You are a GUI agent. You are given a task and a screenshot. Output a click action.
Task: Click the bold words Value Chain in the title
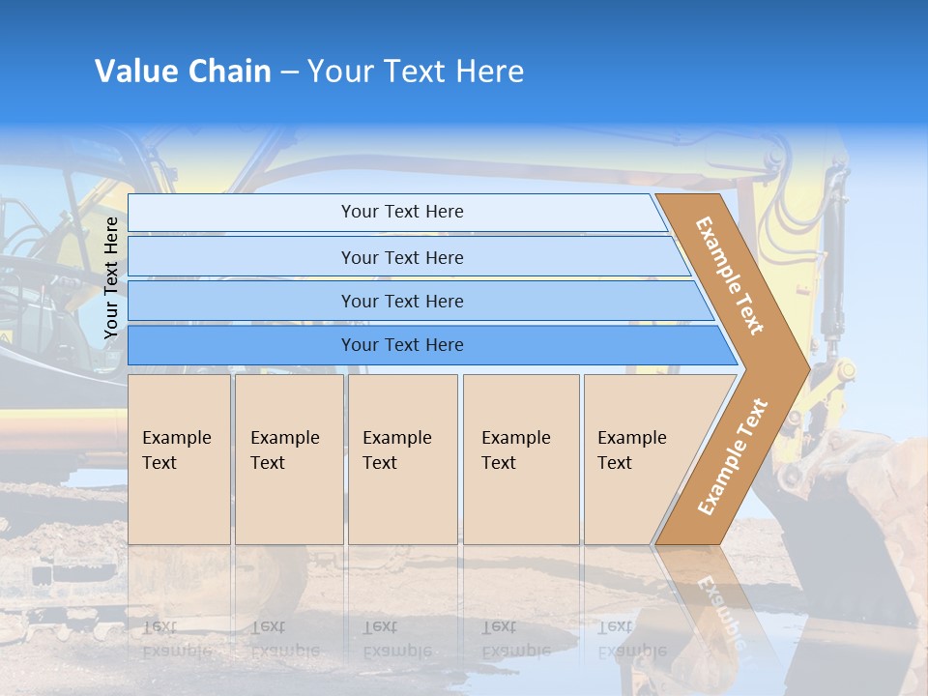point(183,72)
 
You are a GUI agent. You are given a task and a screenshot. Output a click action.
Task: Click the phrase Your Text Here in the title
point(416,72)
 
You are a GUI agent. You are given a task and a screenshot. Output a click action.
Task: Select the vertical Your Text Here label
point(111,277)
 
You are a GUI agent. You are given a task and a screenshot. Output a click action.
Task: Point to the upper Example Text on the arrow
point(730,275)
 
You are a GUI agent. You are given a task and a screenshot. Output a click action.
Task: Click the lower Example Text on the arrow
point(733,456)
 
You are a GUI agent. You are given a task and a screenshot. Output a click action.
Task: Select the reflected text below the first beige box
point(177,639)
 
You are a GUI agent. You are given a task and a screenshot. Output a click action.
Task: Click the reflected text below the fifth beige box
point(632,639)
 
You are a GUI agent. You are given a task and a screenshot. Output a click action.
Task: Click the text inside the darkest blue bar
point(402,345)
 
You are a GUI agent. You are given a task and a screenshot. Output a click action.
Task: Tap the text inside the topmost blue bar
point(402,212)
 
